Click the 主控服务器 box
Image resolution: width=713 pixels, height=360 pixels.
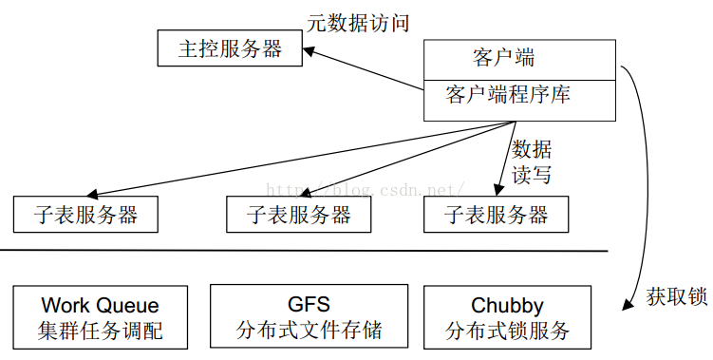tap(230, 47)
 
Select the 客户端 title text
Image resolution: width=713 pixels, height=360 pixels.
tap(503, 57)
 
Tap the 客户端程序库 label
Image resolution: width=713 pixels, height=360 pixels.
tap(508, 96)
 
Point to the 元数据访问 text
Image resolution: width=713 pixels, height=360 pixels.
tap(359, 23)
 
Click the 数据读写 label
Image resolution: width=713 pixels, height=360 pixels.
tap(532, 161)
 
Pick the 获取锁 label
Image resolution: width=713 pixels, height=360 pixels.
tap(677, 296)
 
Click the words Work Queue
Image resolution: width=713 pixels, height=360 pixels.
tap(100, 306)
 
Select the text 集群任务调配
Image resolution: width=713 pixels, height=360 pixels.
tap(100, 331)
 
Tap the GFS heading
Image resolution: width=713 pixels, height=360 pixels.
tap(309, 305)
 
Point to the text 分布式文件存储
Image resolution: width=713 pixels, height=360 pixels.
tap(309, 331)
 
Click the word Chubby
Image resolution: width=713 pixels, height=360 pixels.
tap(507, 306)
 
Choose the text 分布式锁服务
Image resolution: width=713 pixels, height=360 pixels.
tap(507, 331)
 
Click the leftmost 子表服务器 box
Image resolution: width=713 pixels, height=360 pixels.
tap(85, 215)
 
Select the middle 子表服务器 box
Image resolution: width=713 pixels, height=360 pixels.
tap(298, 215)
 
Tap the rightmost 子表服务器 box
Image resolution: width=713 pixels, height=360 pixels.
tap(496, 215)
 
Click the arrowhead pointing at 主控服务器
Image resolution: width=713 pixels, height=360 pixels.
tap(310, 52)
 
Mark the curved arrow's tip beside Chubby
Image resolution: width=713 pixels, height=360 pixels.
tap(626, 306)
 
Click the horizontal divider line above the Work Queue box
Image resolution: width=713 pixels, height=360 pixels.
tap(304, 252)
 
